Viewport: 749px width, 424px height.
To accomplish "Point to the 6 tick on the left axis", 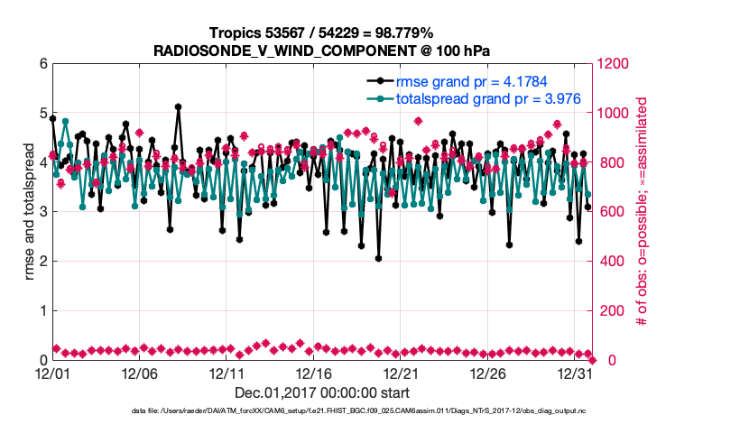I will tap(42, 64).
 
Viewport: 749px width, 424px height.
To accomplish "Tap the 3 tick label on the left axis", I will tap(42, 212).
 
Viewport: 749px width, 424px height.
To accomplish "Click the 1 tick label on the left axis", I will tap(42, 311).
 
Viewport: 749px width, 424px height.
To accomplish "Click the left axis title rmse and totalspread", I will tap(30, 212).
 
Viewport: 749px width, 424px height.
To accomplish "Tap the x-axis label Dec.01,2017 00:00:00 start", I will tap(322, 392).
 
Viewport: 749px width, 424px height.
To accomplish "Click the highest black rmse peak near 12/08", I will tap(179, 106).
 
